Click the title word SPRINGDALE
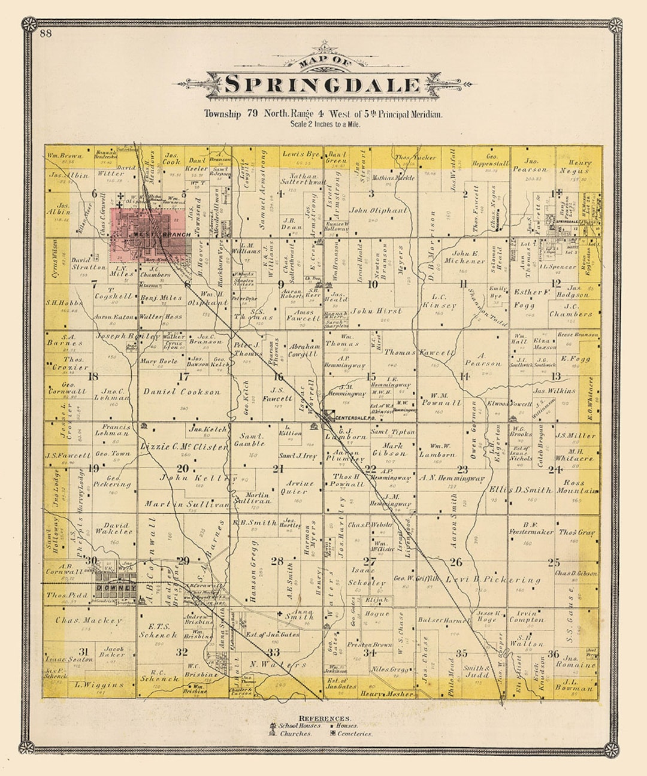323,84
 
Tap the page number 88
46,34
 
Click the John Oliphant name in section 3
378,210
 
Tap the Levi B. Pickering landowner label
492,580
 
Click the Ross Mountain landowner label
577,486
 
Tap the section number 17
184,377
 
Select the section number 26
456,562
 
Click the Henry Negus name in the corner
579,166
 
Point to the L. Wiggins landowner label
99,684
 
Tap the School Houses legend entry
300,725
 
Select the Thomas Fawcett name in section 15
420,353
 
